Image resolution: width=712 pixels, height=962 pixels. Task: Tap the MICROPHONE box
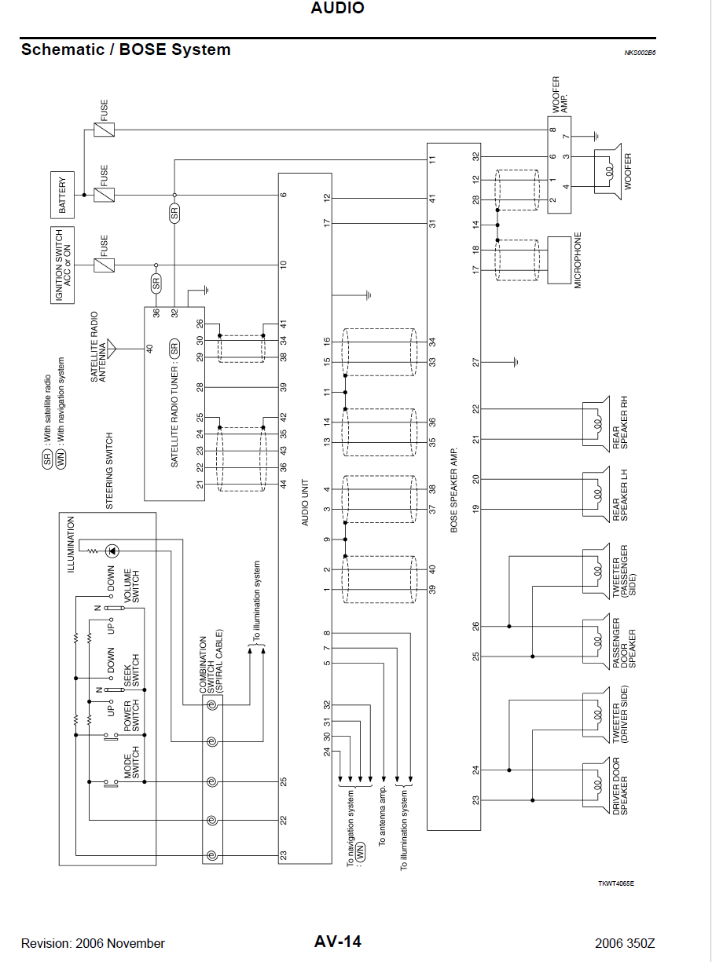click(558, 261)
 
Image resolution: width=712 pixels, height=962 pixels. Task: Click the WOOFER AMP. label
click(560, 94)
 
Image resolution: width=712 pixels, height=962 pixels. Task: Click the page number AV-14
click(338, 942)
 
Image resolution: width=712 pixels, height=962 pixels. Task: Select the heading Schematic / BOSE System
click(126, 49)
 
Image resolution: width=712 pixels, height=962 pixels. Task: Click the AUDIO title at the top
click(338, 9)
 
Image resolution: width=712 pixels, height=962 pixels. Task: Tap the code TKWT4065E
click(615, 883)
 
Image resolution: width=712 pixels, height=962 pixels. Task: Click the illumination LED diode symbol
click(112, 550)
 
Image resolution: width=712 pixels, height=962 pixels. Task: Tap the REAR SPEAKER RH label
click(620, 425)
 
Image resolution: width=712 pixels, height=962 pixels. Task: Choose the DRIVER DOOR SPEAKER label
click(620, 785)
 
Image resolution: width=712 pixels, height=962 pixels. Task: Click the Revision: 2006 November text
click(93, 943)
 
